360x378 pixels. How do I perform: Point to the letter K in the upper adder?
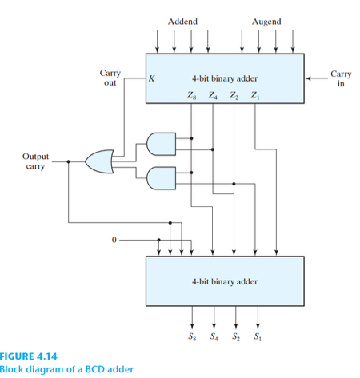[x=150, y=79]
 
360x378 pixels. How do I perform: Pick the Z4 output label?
[x=213, y=97]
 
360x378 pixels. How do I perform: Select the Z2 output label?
[x=234, y=97]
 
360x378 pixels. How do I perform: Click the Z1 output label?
[x=254, y=97]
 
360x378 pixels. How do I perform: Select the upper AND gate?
[x=162, y=143]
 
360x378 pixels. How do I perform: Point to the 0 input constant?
[x=114, y=239]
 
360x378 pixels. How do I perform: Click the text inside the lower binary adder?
[x=225, y=281]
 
